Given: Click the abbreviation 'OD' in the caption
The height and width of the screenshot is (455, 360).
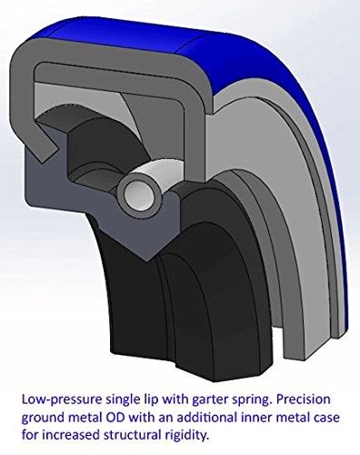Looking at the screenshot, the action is pos(116,418).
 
